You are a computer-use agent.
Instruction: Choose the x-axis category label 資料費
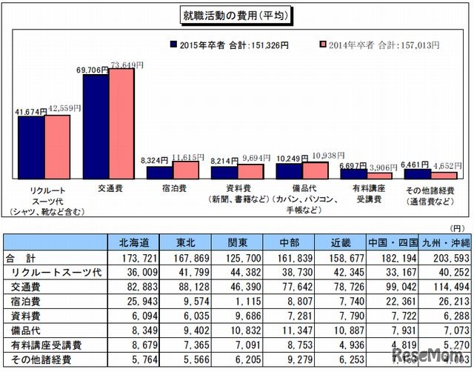[237, 190]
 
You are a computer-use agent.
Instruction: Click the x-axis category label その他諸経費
[430, 190]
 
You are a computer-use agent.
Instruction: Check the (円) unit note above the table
[459, 230]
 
